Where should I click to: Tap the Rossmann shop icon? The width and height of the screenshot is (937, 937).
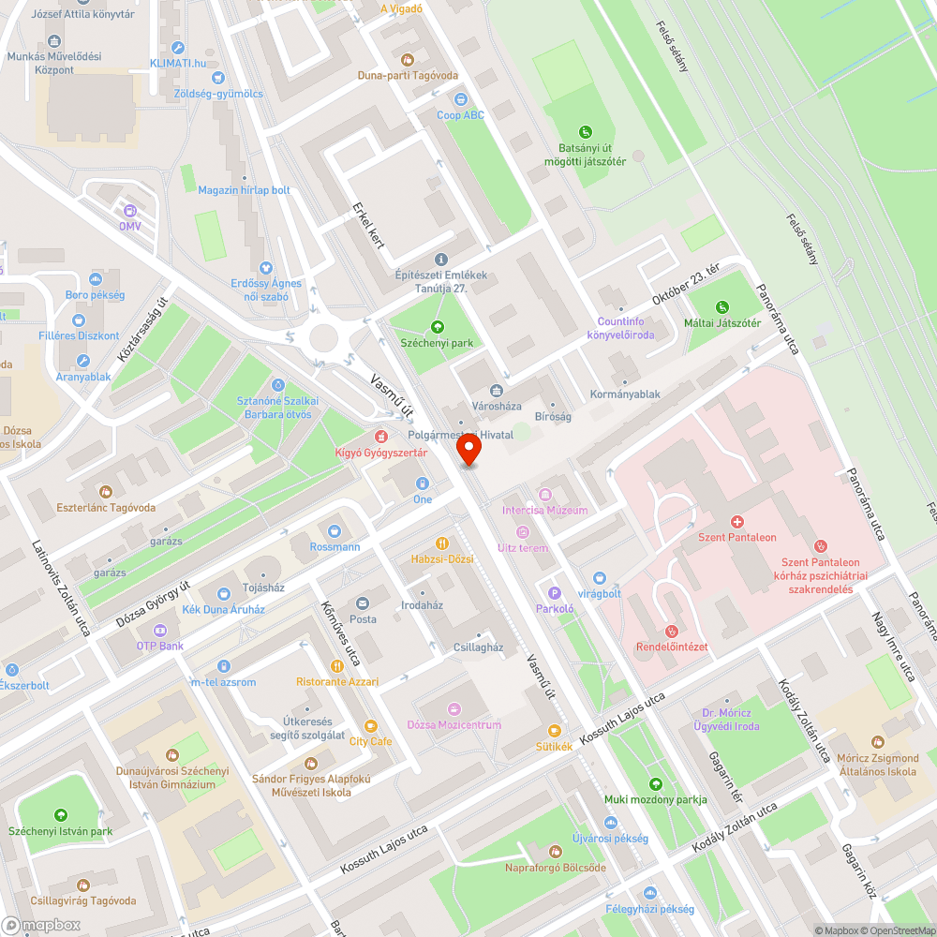(x=334, y=531)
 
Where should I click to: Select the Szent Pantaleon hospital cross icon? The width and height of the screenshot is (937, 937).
(x=737, y=521)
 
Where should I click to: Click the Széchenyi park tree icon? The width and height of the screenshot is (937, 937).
(x=436, y=326)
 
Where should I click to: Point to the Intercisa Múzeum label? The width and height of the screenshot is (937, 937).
(x=544, y=511)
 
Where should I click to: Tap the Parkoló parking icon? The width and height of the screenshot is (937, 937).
(x=554, y=592)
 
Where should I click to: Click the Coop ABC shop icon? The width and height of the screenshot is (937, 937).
(x=460, y=98)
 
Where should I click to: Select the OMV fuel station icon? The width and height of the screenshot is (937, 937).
(x=129, y=211)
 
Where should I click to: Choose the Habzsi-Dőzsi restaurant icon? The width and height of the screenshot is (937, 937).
(x=442, y=543)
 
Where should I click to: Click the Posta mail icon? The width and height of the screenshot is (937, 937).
(x=363, y=602)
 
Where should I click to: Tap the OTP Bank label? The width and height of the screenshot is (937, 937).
(x=159, y=646)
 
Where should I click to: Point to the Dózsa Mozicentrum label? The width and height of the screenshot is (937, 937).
(x=454, y=724)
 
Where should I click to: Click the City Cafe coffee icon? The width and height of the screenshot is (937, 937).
(x=370, y=725)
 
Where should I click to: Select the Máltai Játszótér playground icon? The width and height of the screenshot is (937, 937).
(x=721, y=306)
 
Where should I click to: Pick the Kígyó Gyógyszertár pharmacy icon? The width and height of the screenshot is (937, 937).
(x=381, y=437)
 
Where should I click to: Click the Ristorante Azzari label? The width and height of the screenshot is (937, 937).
(x=337, y=681)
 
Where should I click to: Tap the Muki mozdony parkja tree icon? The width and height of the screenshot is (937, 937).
(x=655, y=783)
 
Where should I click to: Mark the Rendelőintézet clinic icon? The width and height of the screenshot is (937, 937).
(x=671, y=631)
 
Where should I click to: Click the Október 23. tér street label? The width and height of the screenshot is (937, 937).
(x=686, y=285)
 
